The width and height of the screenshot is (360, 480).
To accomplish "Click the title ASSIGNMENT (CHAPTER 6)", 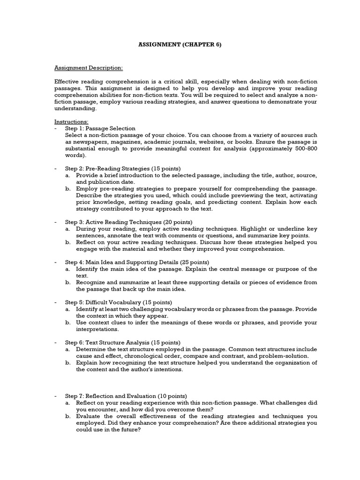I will [180, 45].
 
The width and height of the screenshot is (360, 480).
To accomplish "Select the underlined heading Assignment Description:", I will [89, 67].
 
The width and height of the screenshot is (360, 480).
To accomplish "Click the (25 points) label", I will [193, 262].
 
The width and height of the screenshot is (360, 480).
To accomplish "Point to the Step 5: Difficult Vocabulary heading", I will [105, 302].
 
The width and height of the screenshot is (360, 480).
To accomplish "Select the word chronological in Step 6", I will [129, 356].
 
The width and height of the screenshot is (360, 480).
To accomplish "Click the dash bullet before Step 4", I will [56, 262].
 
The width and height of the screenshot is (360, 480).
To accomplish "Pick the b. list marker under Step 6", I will [68, 363].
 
